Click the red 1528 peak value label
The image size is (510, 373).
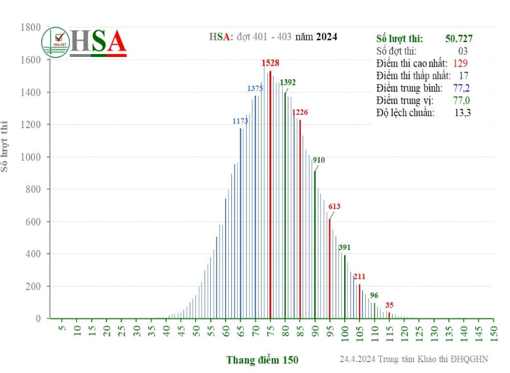[270, 63]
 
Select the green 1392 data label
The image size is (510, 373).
[288, 83]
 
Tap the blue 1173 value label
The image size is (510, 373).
[240, 121]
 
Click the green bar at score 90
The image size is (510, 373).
[315, 245]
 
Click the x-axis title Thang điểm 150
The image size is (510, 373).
[262, 360]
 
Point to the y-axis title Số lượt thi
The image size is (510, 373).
[6, 146]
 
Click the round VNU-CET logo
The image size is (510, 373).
[55, 42]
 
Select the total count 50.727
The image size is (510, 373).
[459, 39]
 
